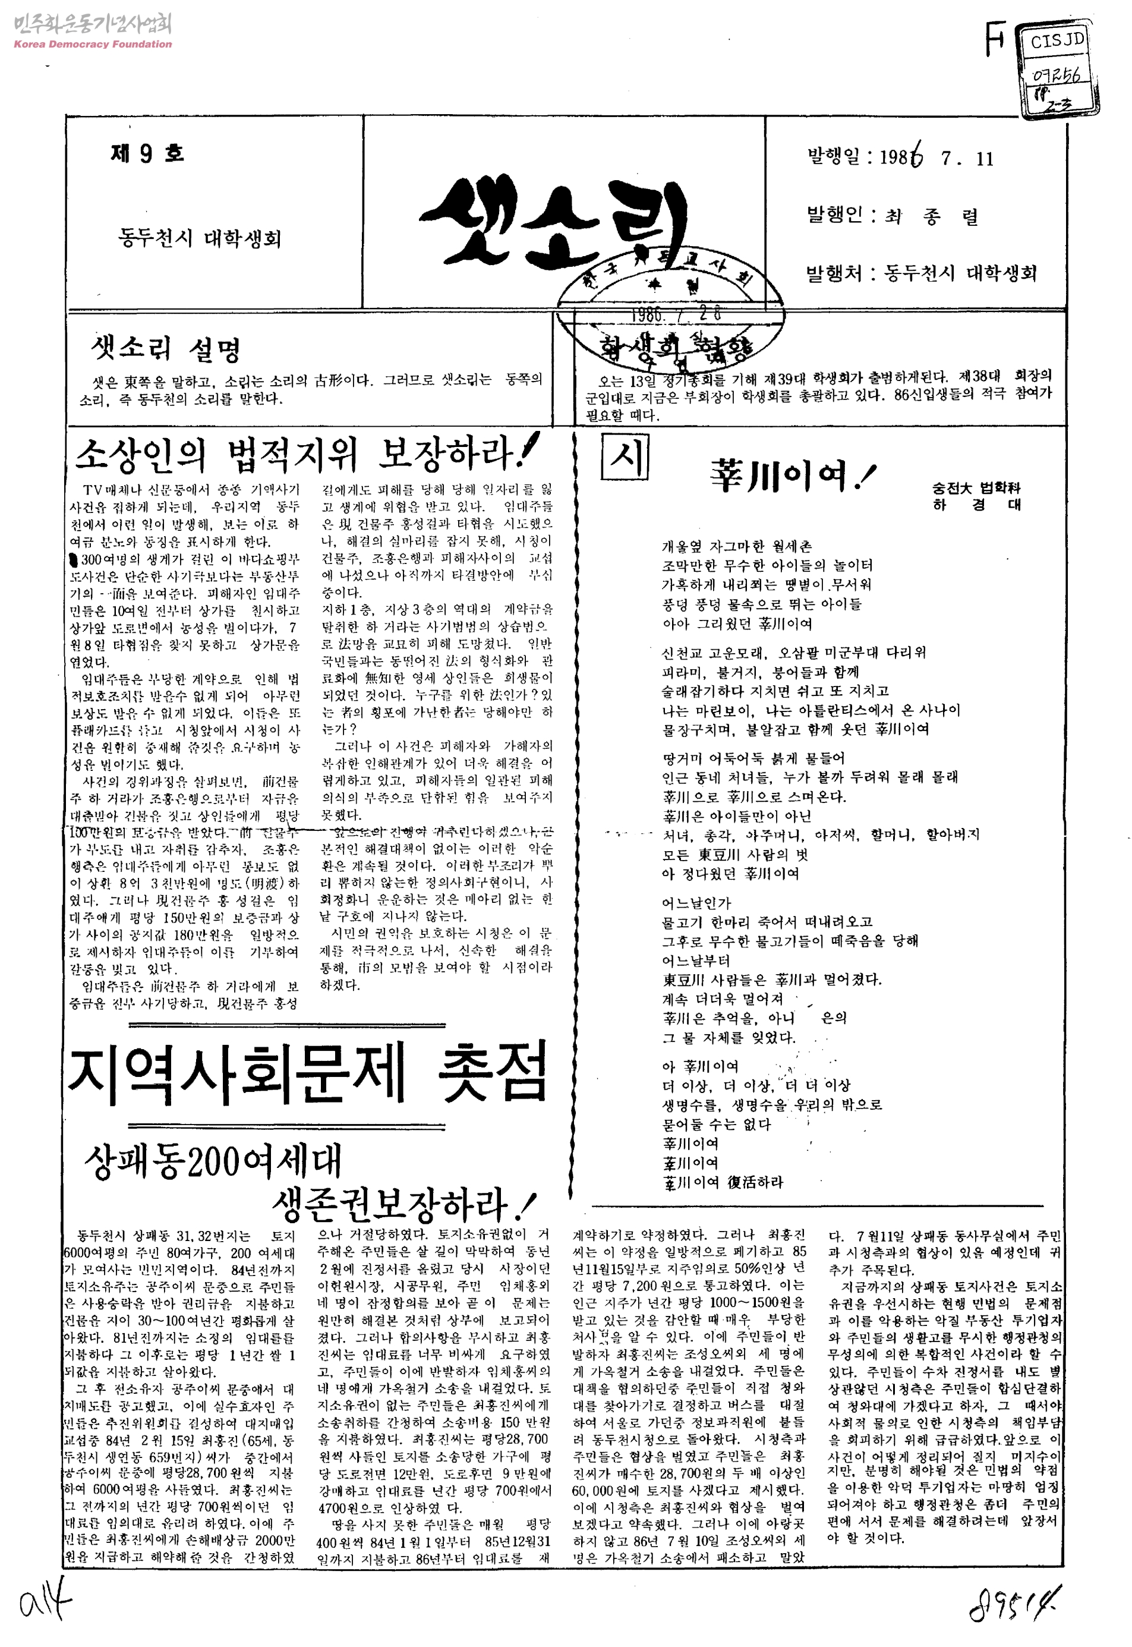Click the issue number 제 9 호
[x=147, y=153]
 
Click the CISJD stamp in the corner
[x=1058, y=40]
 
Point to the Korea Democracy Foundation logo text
[x=93, y=44]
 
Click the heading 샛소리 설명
[x=166, y=349]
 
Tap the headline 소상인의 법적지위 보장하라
[x=305, y=454]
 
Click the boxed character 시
[x=624, y=457]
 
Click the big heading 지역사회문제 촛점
[x=308, y=1072]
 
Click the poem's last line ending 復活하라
[x=723, y=1182]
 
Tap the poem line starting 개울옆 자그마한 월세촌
[x=736, y=546]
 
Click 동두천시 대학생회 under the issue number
[x=200, y=238]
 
